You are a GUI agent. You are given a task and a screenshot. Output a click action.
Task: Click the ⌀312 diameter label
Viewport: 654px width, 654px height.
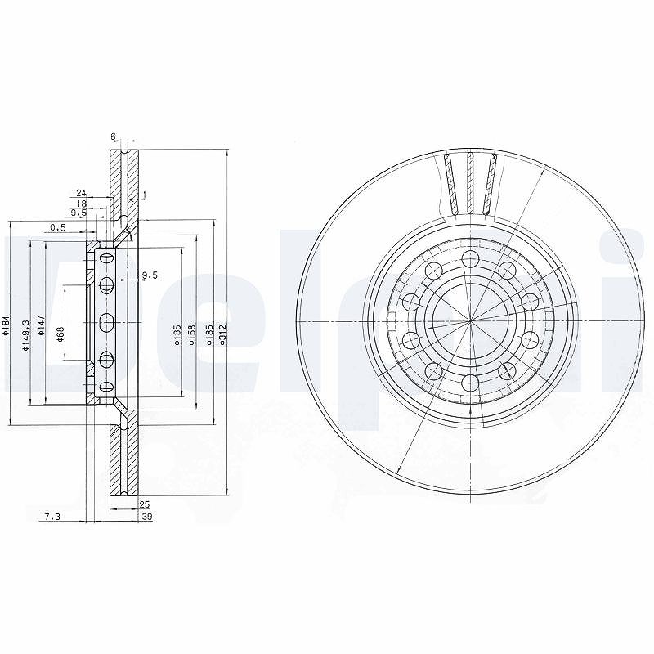click(x=222, y=335)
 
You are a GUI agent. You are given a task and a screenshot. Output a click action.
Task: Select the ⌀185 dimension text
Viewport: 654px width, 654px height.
click(x=209, y=335)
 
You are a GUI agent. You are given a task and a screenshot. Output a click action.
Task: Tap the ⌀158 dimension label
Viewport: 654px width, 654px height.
click(x=191, y=335)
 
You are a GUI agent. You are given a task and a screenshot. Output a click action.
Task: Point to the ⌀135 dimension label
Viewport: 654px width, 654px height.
click(x=177, y=335)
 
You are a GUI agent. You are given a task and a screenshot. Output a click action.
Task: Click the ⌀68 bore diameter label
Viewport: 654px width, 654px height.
click(x=60, y=335)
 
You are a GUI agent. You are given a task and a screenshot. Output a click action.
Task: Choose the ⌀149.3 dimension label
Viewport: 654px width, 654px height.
click(x=26, y=335)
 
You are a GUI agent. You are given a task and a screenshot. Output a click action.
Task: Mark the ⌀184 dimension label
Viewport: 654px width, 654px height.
click(x=5, y=325)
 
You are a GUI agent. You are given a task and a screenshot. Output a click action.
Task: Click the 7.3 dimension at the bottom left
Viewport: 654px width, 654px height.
click(x=52, y=517)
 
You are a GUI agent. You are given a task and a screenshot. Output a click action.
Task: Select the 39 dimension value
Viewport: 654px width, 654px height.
click(x=147, y=517)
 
